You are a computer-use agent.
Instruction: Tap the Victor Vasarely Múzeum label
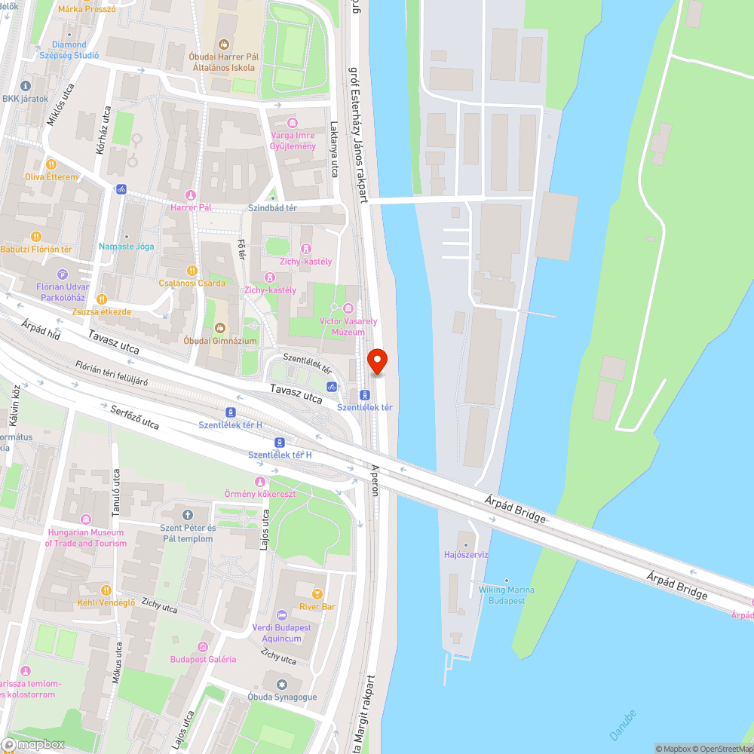click(342, 326)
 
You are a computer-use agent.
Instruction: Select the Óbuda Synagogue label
click(283, 697)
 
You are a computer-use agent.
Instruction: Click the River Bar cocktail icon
click(317, 593)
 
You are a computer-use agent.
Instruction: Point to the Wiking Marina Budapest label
click(506, 595)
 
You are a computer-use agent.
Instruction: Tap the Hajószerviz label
click(466, 554)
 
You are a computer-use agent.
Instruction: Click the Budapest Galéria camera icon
click(202, 646)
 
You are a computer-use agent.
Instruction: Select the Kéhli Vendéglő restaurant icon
click(106, 590)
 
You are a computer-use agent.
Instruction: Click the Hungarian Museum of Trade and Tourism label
click(85, 538)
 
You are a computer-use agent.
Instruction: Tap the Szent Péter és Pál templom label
click(188, 533)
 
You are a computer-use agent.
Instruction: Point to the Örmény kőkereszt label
click(260, 494)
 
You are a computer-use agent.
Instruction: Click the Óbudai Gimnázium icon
click(220, 327)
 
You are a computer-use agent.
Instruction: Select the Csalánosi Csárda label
click(192, 283)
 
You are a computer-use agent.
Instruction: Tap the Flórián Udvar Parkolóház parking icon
click(63, 274)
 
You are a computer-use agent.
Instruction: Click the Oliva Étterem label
click(51, 176)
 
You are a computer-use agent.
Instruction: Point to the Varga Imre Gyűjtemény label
click(293, 140)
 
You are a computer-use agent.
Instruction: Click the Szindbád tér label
click(273, 207)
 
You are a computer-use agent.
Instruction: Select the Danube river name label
click(622, 724)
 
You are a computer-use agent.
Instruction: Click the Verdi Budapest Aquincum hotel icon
click(282, 615)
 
